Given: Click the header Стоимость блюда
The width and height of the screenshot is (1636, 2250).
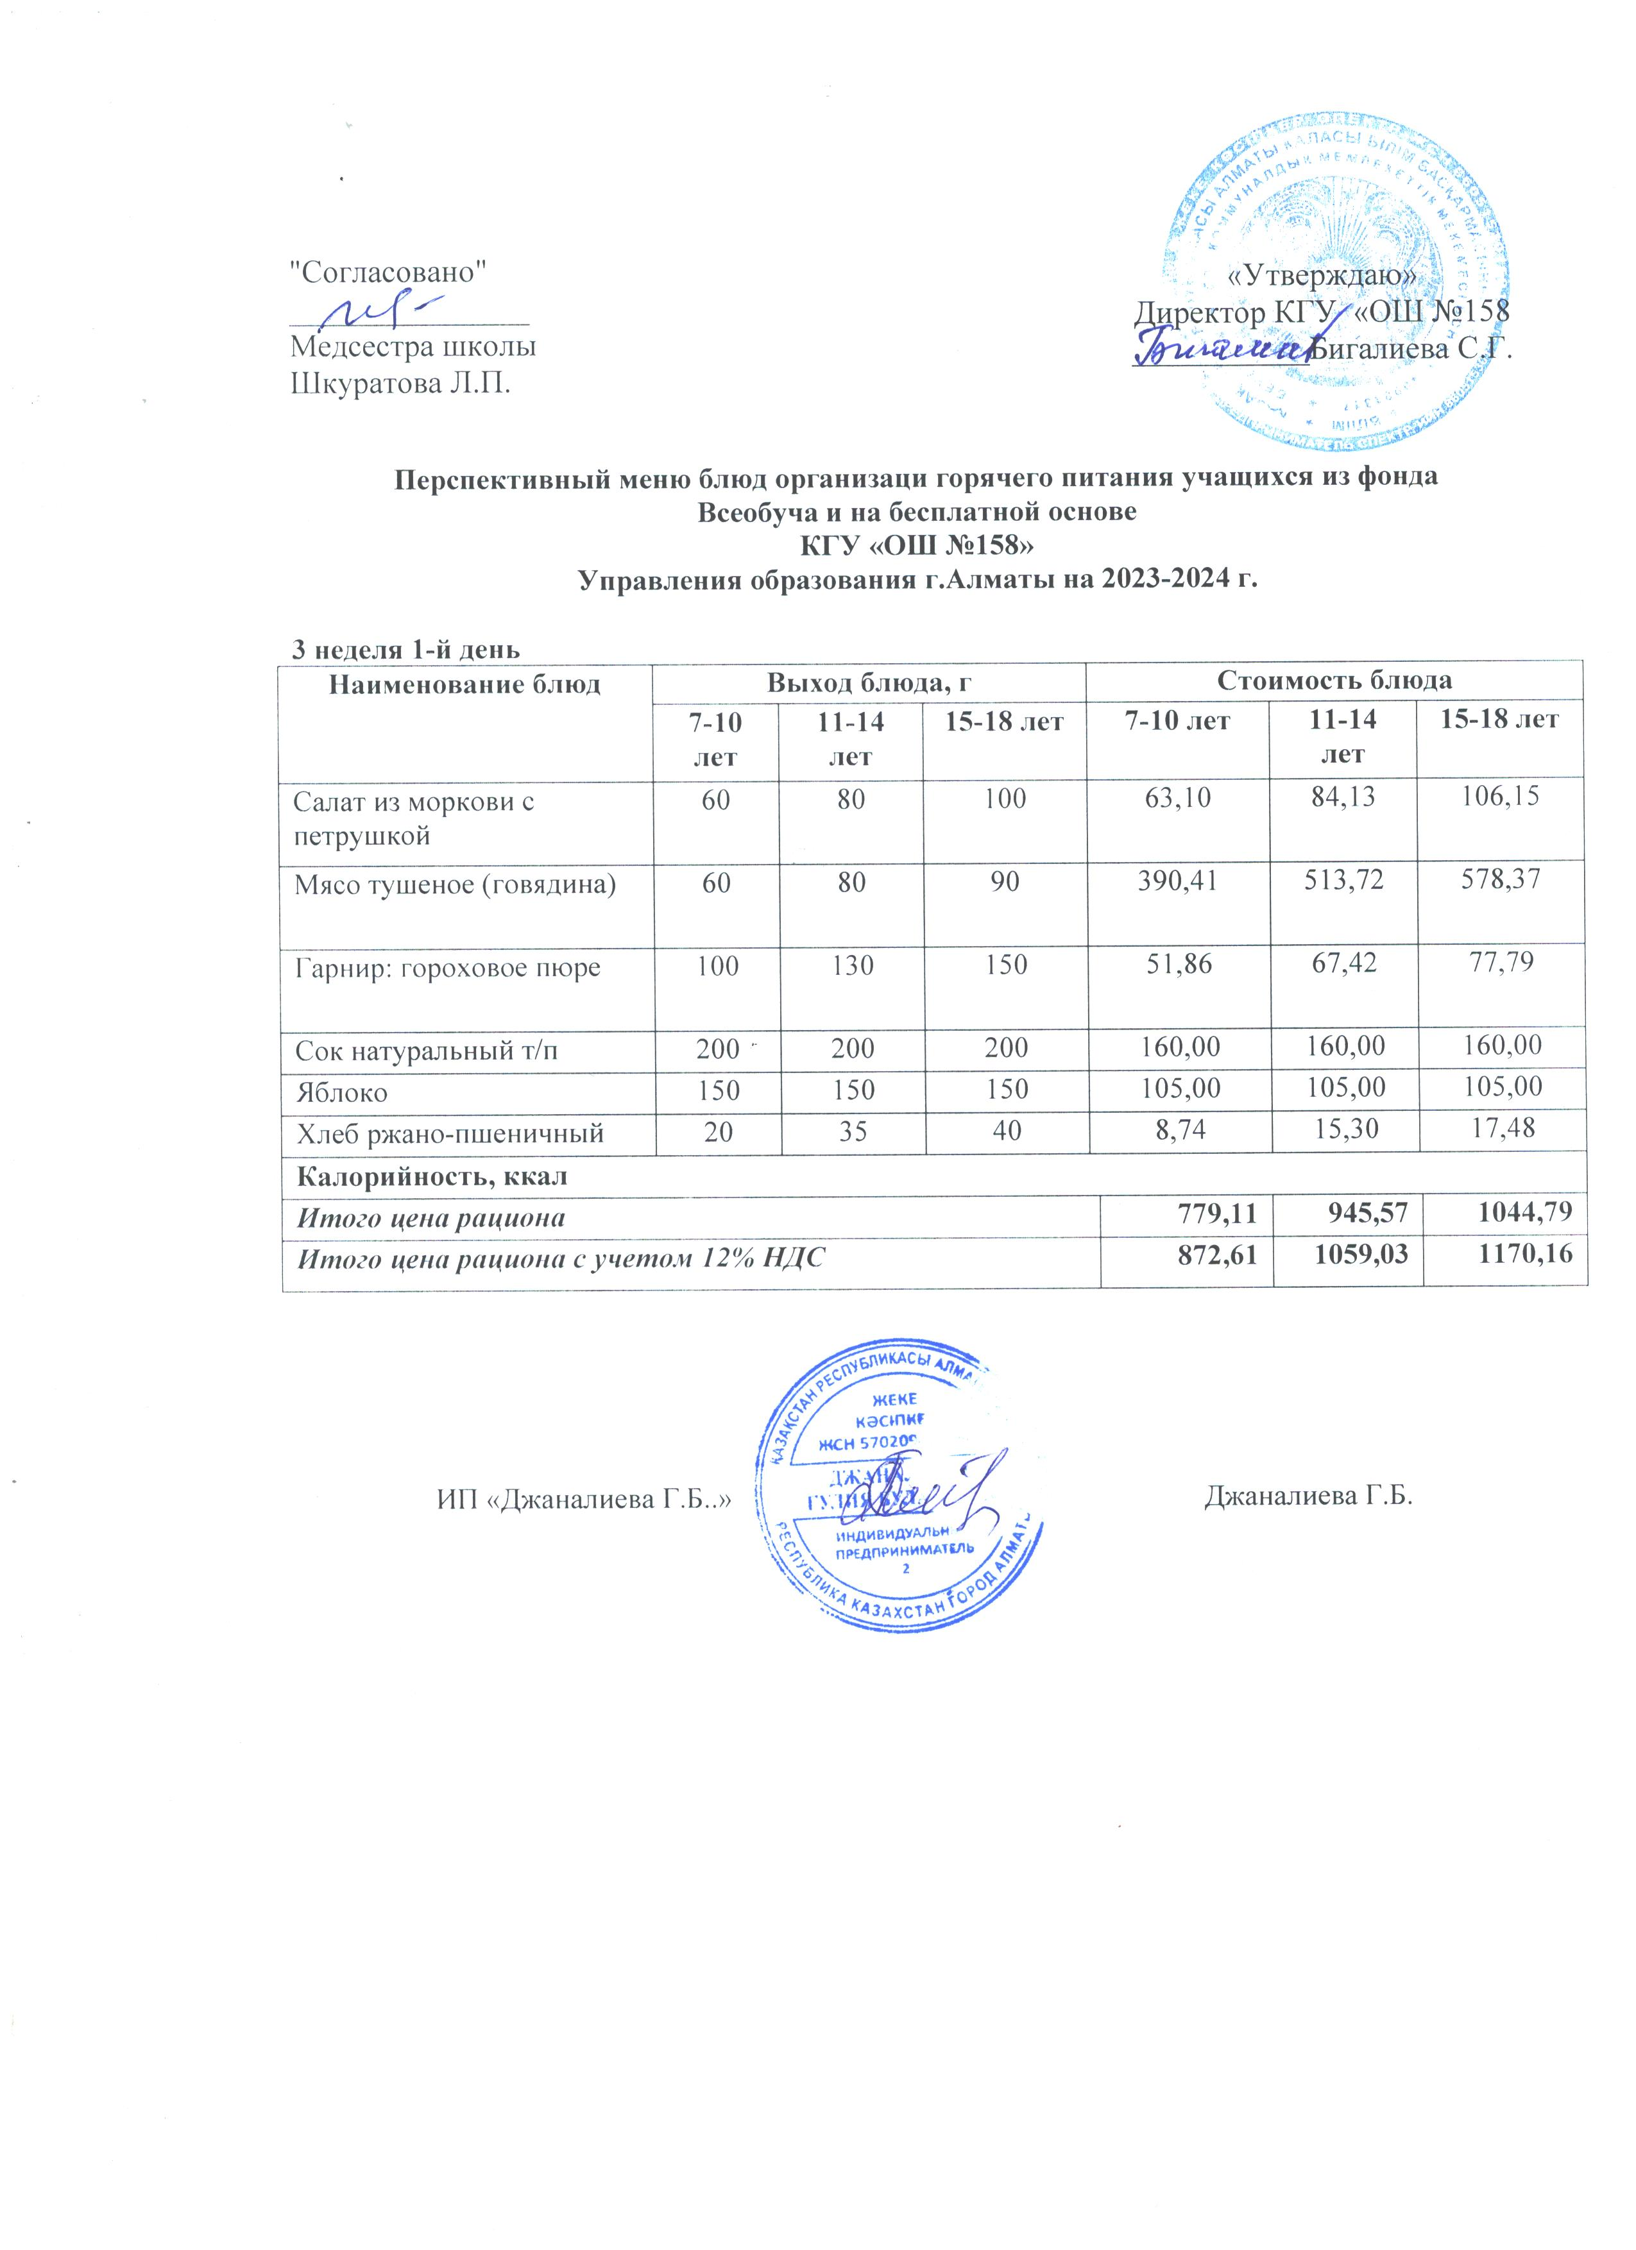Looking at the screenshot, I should click(x=1334, y=680).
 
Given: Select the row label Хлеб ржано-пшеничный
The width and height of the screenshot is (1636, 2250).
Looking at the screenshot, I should click(x=448, y=1134).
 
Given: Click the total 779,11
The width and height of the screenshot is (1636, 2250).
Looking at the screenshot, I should click(x=1218, y=1216).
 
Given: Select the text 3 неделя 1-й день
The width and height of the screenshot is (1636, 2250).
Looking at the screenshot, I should click(x=404, y=650).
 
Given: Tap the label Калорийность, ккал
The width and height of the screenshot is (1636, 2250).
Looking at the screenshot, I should click(x=432, y=1176).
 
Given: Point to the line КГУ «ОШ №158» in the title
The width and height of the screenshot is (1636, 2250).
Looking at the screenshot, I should click(x=917, y=546).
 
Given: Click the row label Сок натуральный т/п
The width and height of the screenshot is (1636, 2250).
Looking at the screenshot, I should click(x=425, y=1049).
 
